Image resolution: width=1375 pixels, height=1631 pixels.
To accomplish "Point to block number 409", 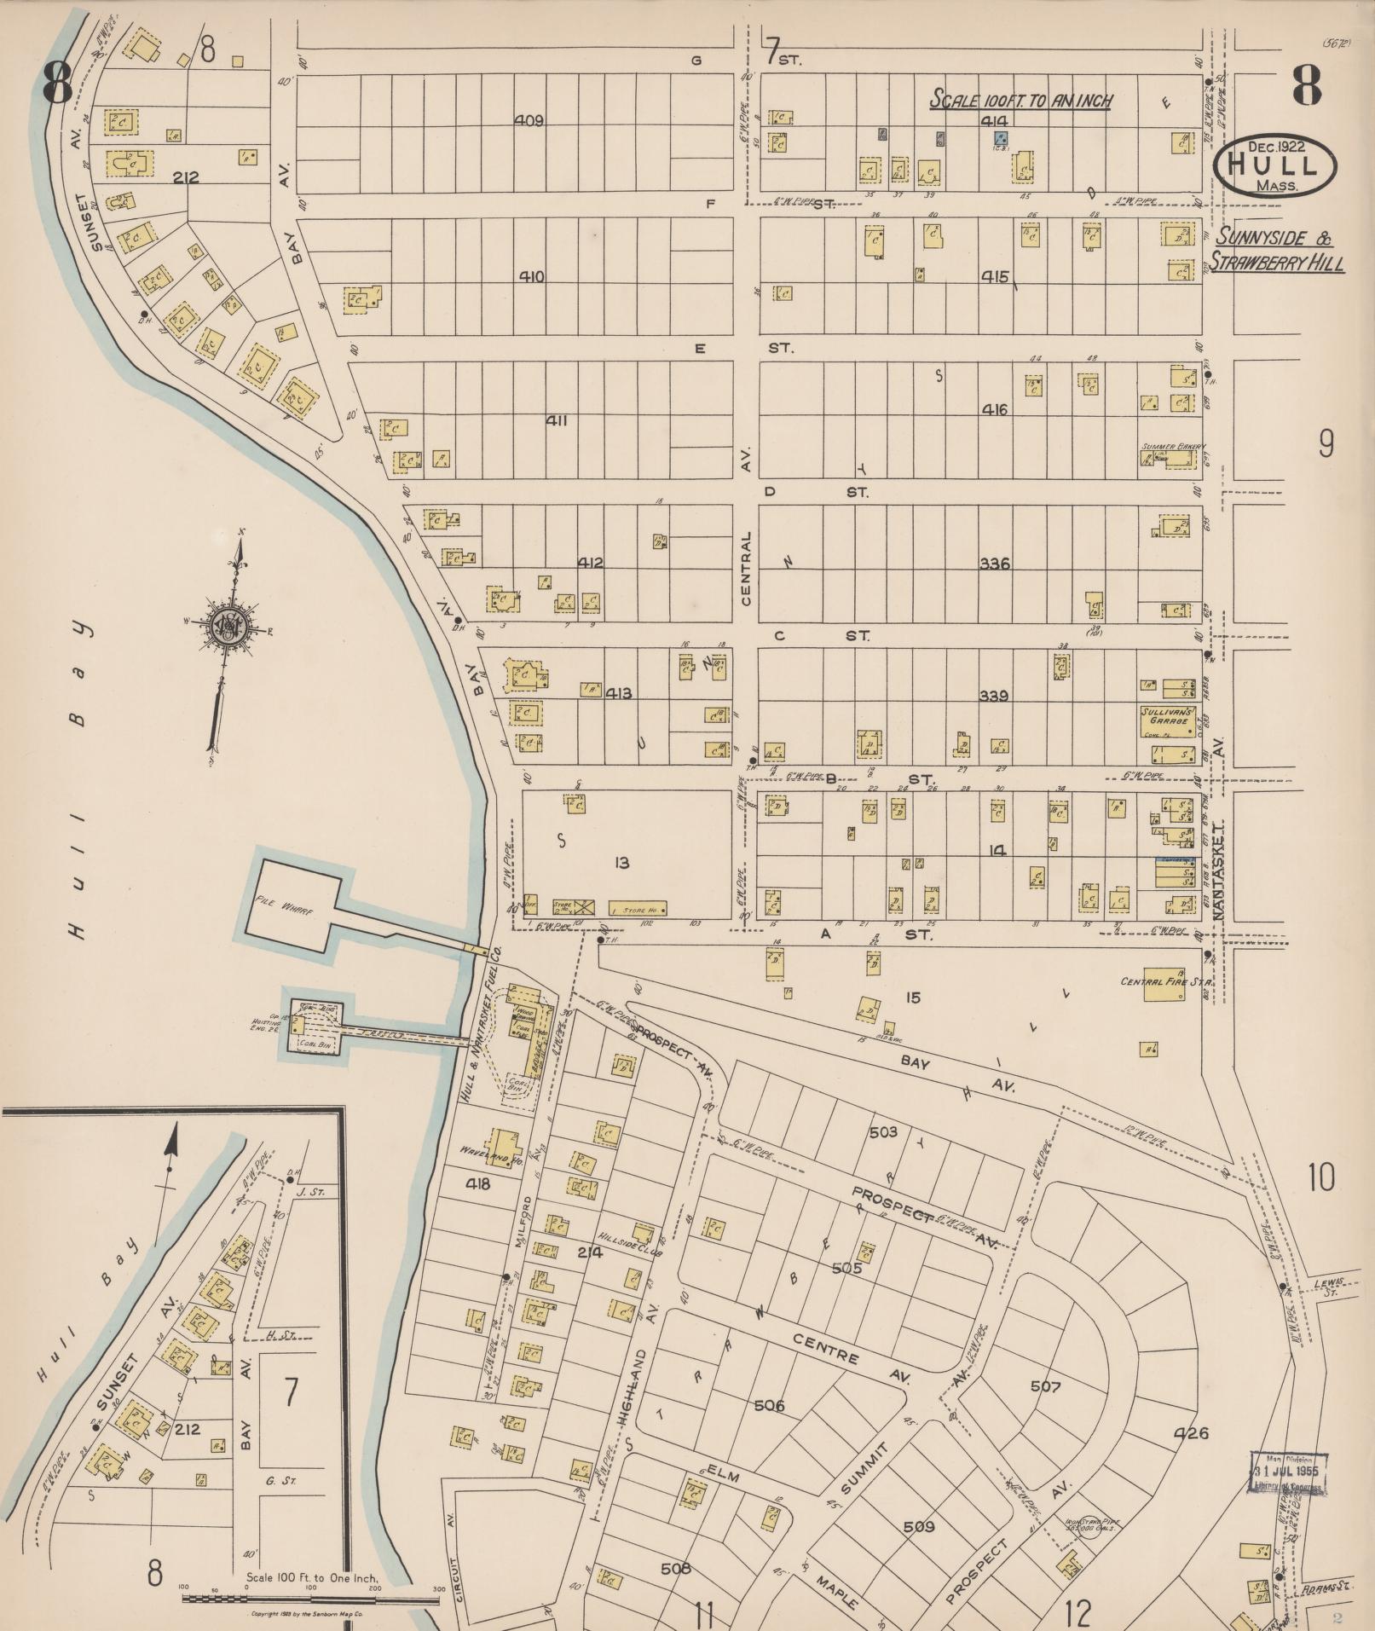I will click(x=529, y=120).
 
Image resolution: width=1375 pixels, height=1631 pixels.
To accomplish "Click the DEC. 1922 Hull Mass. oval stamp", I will click(x=1275, y=166).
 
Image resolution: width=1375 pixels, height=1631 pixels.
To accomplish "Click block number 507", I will click(x=1045, y=1386).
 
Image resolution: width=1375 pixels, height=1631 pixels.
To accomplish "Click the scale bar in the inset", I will click(x=311, y=1599).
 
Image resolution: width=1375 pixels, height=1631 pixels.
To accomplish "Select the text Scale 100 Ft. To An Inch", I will click(x=1020, y=99).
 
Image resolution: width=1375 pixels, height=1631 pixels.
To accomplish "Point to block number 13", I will click(x=621, y=864).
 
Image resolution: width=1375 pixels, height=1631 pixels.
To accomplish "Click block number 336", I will click(x=994, y=564).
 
